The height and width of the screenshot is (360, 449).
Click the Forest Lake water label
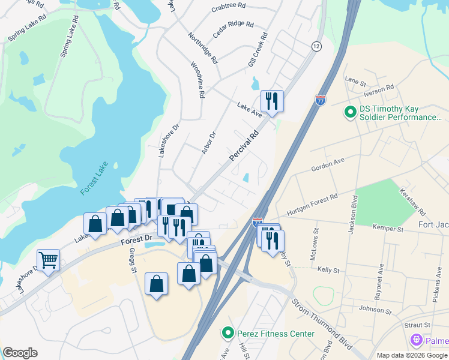(x=94, y=179)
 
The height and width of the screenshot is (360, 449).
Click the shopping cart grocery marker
(x=48, y=260)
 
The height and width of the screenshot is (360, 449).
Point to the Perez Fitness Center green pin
(x=227, y=332)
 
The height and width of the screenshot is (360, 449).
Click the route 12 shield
(x=316, y=46)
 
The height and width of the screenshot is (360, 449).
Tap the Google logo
(x=20, y=353)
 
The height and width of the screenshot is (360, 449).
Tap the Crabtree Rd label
(x=229, y=7)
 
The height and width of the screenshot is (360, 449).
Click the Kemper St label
(x=388, y=229)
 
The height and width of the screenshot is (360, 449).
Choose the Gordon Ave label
(x=328, y=165)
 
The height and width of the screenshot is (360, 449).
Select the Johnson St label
(x=375, y=311)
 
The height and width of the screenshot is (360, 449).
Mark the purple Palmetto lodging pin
(x=416, y=341)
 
